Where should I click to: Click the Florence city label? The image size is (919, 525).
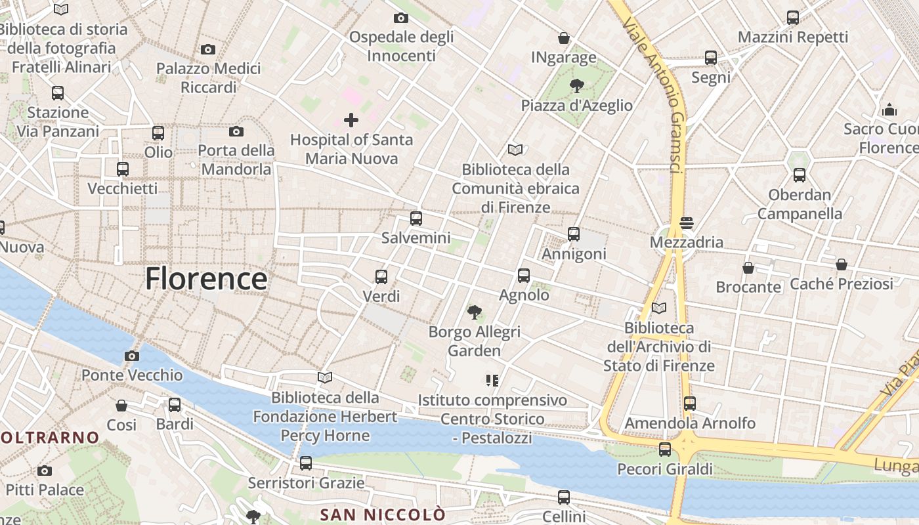click(x=206, y=279)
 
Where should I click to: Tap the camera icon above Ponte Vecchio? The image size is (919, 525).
click(x=132, y=356)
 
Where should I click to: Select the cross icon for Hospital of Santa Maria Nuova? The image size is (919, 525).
click(x=351, y=120)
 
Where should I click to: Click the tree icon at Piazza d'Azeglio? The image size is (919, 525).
click(x=577, y=85)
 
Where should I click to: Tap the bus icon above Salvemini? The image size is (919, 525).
click(x=416, y=219)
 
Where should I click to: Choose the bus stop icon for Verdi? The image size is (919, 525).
click(x=381, y=277)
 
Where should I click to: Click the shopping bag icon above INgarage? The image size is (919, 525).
click(x=563, y=38)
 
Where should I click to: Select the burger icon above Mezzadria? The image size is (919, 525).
click(x=687, y=223)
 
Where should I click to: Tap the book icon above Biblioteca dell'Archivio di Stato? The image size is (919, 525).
click(x=659, y=308)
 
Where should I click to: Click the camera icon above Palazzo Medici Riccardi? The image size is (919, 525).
click(x=208, y=49)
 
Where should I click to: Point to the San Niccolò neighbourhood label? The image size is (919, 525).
click(x=383, y=514)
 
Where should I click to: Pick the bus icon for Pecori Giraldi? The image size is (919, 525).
click(x=665, y=450)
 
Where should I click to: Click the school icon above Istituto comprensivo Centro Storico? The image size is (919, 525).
click(x=492, y=381)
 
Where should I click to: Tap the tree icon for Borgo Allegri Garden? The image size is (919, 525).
click(x=474, y=312)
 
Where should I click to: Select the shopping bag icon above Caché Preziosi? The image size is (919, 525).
click(x=842, y=264)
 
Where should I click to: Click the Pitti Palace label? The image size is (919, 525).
click(x=45, y=490)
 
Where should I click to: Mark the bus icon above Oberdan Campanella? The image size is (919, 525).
click(x=799, y=175)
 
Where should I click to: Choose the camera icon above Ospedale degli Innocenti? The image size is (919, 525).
click(x=400, y=18)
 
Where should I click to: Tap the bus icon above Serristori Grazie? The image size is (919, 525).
click(x=306, y=463)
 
